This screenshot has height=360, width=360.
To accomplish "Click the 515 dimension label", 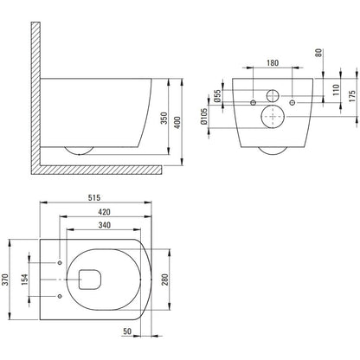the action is [x=94, y=197].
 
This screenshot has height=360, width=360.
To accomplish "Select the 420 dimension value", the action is [x=104, y=212].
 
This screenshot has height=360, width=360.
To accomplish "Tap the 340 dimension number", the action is [x=104, y=225].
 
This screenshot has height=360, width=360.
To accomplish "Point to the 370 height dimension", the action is [x=6, y=280].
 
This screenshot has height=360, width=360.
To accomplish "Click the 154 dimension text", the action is [x=25, y=280].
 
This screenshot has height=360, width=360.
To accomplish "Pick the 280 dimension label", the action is [x=165, y=280].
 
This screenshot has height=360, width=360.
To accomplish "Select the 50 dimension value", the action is [x=127, y=331].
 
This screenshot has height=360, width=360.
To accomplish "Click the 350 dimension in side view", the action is [x=164, y=118].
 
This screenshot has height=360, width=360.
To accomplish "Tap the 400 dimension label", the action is [x=177, y=122].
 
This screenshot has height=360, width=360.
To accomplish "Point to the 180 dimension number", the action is [x=273, y=62].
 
